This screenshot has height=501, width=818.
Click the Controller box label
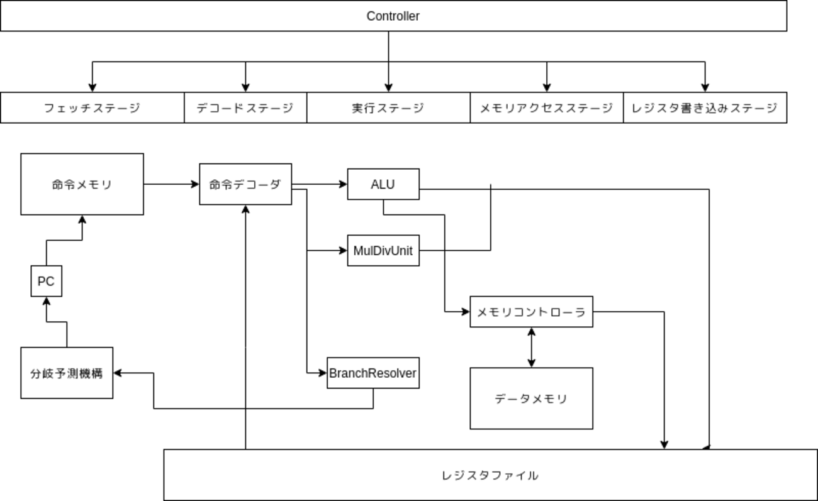[x=393, y=16]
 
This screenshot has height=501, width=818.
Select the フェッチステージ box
[x=92, y=108]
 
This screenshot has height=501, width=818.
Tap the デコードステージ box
[x=245, y=108]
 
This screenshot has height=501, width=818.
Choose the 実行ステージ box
[x=388, y=108]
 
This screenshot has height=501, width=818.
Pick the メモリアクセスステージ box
[x=546, y=108]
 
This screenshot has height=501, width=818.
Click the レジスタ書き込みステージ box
[x=705, y=108]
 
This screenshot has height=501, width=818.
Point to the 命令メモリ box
[x=82, y=184]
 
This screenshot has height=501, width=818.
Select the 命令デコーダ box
[x=245, y=184]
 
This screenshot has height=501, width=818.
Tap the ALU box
[x=383, y=184]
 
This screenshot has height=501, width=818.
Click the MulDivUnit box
[x=383, y=251]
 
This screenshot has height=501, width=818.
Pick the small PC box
[x=46, y=282]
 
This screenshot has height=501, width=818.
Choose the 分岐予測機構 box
[x=67, y=373]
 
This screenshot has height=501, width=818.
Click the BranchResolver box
[x=373, y=373]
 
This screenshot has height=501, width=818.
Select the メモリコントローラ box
[x=531, y=312]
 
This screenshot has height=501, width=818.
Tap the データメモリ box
[x=531, y=399]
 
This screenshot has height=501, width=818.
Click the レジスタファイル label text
[x=490, y=475]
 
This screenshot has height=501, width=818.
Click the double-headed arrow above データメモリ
[x=532, y=347]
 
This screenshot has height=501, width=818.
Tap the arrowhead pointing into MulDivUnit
[x=344, y=251]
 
